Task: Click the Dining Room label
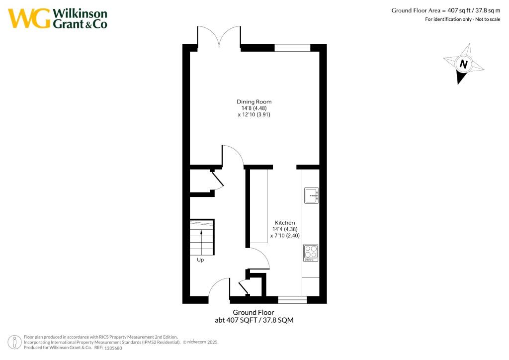pos(254,102)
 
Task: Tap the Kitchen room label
pos(285,223)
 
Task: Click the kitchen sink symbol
pos(311,196)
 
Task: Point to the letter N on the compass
pos(464,64)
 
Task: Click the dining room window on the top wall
pos(292,48)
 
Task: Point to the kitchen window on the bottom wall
pos(292,299)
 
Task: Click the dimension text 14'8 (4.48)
pos(254,108)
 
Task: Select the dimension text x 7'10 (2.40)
pos(285,236)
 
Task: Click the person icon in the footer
pos(15,343)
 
